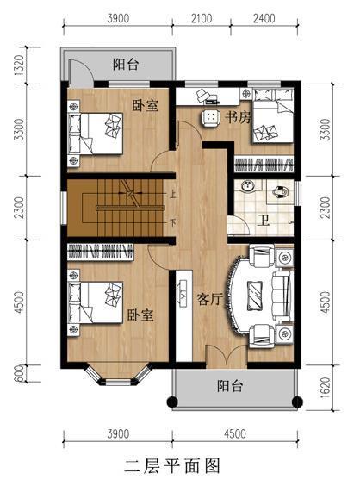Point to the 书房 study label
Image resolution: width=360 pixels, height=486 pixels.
239,116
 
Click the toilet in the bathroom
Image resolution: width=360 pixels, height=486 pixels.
281,192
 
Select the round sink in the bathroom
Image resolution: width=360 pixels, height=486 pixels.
247,187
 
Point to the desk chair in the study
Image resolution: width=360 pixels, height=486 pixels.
208,116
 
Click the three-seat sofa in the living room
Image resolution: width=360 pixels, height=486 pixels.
282,296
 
